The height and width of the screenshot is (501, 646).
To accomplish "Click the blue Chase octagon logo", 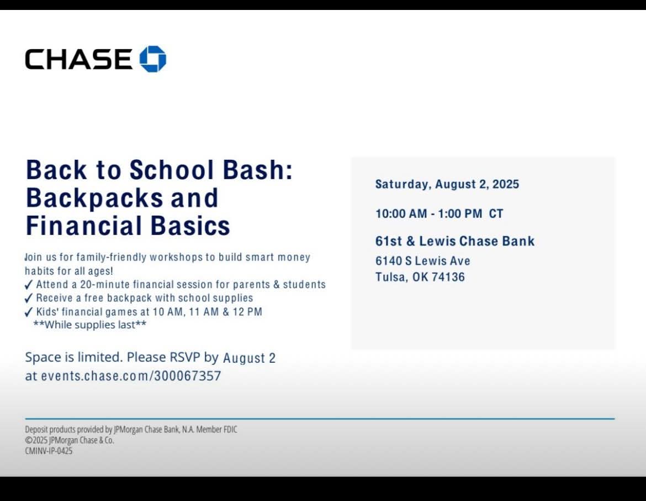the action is [153, 59].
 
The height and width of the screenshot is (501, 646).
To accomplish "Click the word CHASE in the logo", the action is [79, 59].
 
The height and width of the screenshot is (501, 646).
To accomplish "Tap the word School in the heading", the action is [172, 170].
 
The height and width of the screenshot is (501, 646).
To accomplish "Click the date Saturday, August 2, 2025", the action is [447, 184].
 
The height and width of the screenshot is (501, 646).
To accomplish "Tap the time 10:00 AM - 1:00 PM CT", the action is [439, 214].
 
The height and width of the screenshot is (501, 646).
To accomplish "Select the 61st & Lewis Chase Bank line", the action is [455, 241].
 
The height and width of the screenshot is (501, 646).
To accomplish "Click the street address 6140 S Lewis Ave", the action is [423, 261].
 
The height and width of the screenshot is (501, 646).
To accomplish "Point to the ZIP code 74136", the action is [448, 277].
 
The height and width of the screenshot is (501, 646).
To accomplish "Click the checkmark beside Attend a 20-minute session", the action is [28, 285].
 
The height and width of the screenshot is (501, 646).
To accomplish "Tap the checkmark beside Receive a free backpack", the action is [28, 299].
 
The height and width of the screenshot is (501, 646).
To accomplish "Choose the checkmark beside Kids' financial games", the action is [28, 312].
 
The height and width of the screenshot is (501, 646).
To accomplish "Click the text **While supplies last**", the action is [90, 325].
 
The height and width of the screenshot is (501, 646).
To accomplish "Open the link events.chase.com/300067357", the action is [131, 376].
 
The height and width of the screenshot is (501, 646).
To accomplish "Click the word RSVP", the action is [185, 357].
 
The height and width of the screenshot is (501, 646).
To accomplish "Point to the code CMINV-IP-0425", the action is [49, 451].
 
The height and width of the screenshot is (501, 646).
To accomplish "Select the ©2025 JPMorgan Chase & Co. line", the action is [70, 440].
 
